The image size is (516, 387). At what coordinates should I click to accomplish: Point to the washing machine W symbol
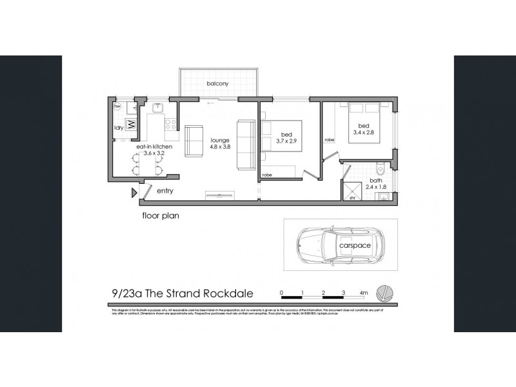pyautogui.click(x=130, y=123)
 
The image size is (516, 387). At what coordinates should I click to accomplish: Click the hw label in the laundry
pyautogui.click(x=117, y=106)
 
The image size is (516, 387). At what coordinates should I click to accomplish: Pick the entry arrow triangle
pyautogui.click(x=134, y=192)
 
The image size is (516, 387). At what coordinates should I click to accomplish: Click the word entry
pyautogui.click(x=164, y=191)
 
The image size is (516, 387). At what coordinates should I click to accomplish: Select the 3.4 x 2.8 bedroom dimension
pyautogui.click(x=363, y=134)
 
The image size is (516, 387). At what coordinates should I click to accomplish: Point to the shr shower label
pyautogui.click(x=353, y=199)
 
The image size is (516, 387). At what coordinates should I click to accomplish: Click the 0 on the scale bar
pyautogui.click(x=282, y=292)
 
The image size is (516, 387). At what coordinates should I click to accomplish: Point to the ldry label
pyautogui.click(x=119, y=128)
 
